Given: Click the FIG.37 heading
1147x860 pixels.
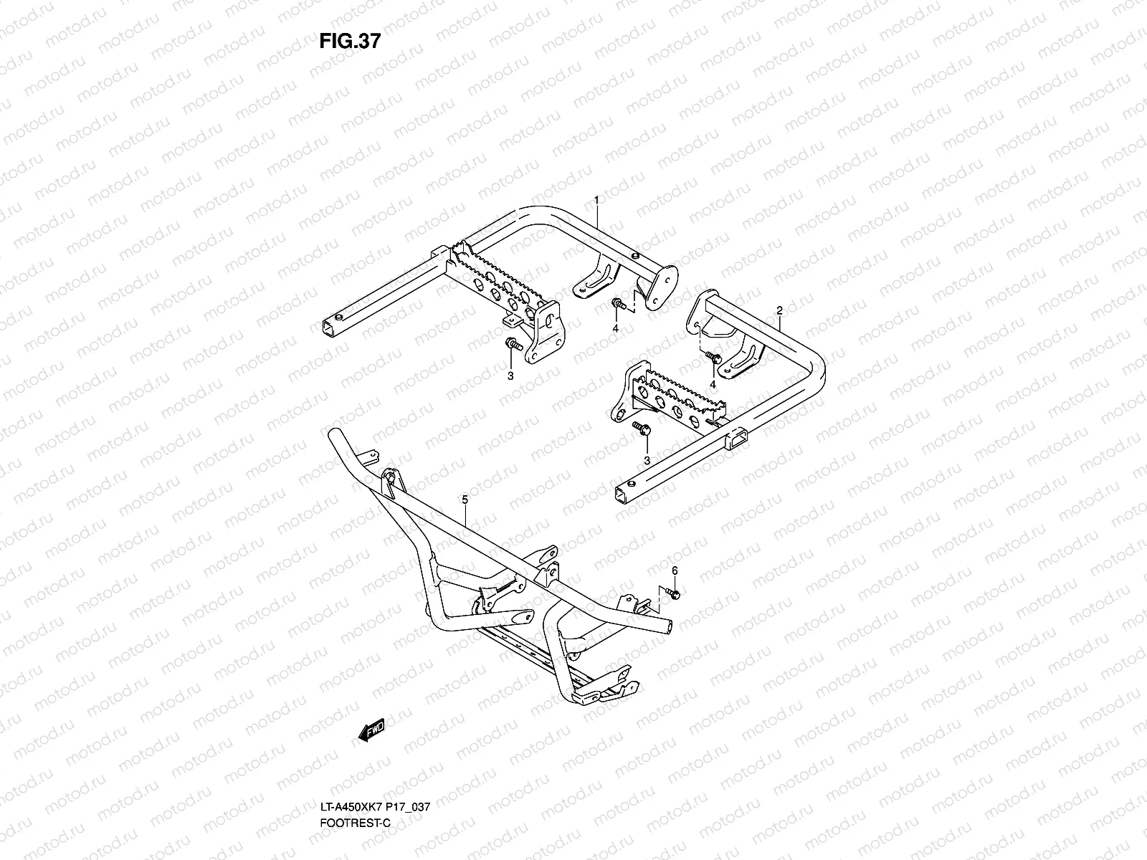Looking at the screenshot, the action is pyautogui.click(x=350, y=41).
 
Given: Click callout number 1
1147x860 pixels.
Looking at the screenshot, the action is pyautogui.click(x=596, y=200).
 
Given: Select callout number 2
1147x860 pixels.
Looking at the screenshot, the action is pyautogui.click(x=779, y=311).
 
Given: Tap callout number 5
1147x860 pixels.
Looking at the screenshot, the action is pyautogui.click(x=465, y=500).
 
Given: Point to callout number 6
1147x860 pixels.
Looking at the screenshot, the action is pyautogui.click(x=675, y=570).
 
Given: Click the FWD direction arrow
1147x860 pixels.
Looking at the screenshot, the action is pyautogui.click(x=371, y=730).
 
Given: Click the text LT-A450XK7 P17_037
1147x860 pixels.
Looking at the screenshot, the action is pyautogui.click(x=375, y=807).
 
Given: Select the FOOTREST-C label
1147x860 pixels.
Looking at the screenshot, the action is pyautogui.click(x=356, y=823).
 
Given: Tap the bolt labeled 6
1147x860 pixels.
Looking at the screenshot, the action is pyautogui.click(x=672, y=593).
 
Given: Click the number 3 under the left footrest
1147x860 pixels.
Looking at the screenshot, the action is pyautogui.click(x=510, y=376).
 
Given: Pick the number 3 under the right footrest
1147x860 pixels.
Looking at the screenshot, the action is pyautogui.click(x=647, y=461).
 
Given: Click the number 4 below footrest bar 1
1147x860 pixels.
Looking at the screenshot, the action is pyautogui.click(x=616, y=328).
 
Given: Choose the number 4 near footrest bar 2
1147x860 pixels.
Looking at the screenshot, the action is pyautogui.click(x=713, y=385).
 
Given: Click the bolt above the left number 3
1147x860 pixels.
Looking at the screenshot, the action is pyautogui.click(x=514, y=344).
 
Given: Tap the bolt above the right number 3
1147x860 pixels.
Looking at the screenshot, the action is pyautogui.click(x=641, y=428).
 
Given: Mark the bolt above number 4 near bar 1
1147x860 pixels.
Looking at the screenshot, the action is pyautogui.click(x=619, y=303).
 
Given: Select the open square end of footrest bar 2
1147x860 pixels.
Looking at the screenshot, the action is pyautogui.click(x=622, y=494).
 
